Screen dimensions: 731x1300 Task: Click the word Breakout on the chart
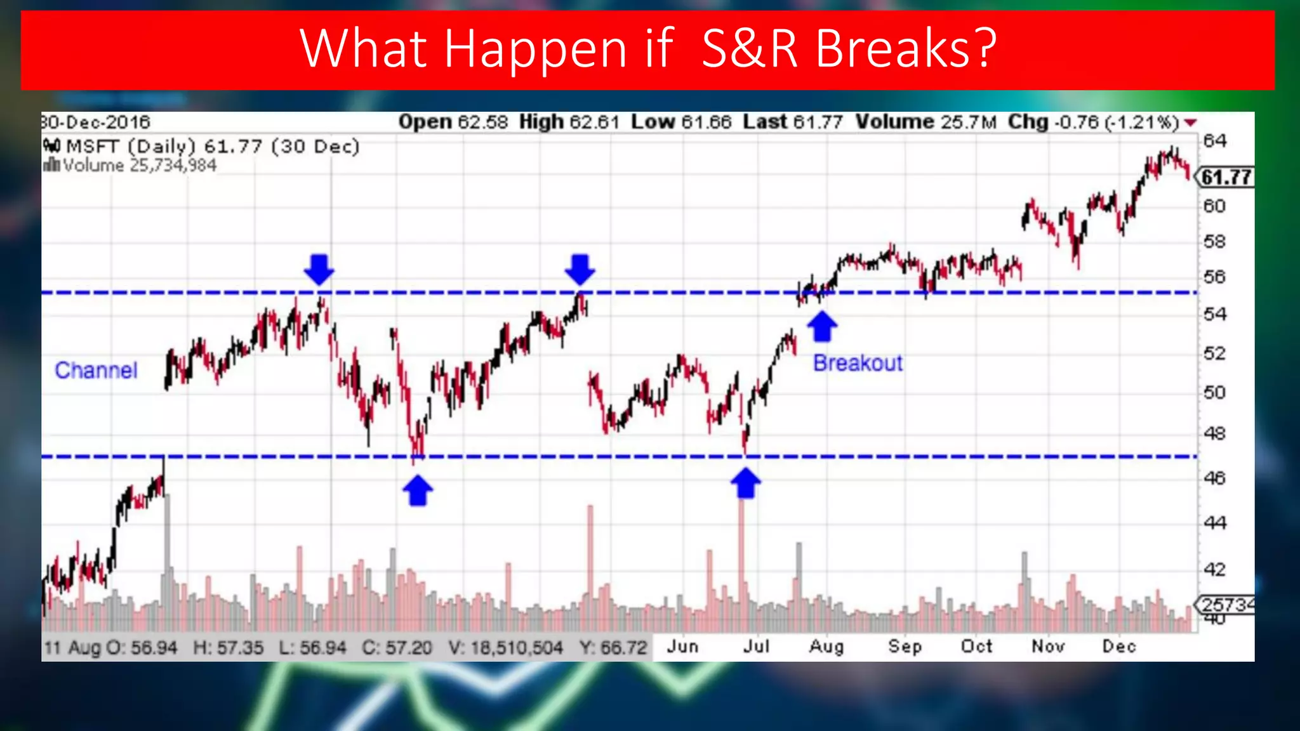(858, 363)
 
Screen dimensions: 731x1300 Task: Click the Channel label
(96, 370)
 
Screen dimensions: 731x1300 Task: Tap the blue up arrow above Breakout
(822, 326)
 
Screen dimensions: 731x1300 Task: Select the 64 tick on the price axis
(1215, 141)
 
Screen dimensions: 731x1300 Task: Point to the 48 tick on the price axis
(1215, 433)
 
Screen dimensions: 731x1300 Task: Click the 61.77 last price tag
(1226, 177)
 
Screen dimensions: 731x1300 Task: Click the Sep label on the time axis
(905, 646)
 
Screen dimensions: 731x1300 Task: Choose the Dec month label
(1118, 646)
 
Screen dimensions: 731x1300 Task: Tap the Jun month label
(682, 646)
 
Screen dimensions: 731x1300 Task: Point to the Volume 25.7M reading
(926, 122)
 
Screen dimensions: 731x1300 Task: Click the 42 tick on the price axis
(1215, 569)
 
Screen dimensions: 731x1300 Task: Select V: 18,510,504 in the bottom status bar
(505, 647)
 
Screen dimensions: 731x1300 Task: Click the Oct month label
(976, 646)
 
